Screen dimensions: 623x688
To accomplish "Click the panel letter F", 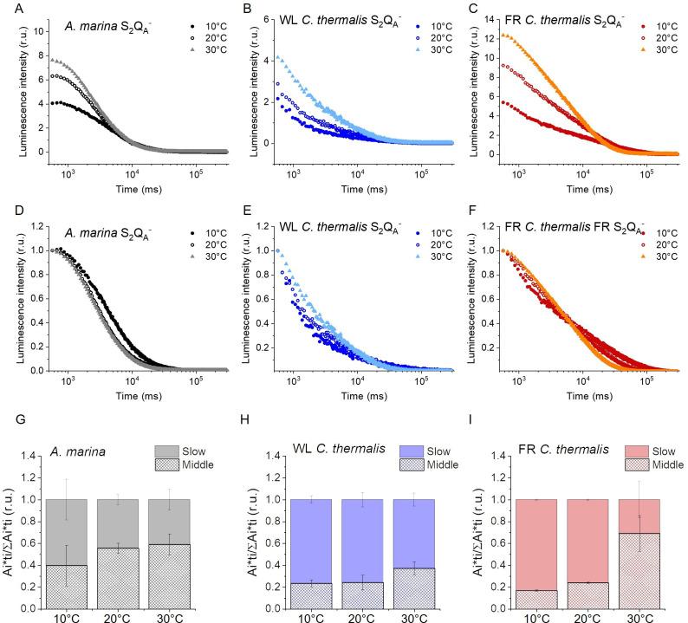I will [471, 212].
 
